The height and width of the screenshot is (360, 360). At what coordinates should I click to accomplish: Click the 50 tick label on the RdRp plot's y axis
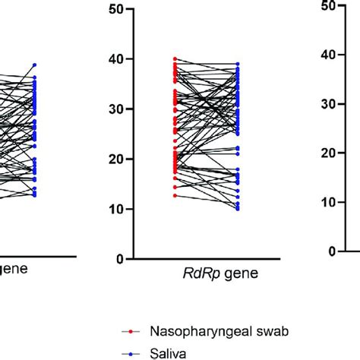[115, 9]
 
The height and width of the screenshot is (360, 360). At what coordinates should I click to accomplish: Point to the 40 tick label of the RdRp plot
[115, 59]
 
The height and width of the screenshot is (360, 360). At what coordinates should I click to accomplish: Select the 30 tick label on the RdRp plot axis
[115, 109]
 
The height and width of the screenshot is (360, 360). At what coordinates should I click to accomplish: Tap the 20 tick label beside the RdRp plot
[115, 159]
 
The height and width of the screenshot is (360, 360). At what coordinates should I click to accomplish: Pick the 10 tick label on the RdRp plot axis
[115, 209]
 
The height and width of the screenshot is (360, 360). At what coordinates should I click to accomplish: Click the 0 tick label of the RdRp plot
[119, 259]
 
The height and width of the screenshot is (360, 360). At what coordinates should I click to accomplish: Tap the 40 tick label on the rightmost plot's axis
[328, 55]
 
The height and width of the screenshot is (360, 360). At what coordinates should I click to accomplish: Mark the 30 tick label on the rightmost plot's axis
[328, 104]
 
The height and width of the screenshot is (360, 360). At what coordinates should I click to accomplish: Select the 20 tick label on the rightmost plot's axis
[328, 153]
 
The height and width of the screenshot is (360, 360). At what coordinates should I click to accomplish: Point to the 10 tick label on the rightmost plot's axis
[328, 202]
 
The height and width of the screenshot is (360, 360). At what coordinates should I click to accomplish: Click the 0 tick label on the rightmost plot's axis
[332, 251]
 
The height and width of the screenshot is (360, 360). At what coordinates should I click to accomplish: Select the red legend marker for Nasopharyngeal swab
[131, 332]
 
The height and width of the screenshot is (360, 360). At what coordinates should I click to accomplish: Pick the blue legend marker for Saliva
[131, 351]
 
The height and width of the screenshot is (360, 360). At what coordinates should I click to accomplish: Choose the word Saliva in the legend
[166, 352]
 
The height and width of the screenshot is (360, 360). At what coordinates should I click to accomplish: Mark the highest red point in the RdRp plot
[175, 58]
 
